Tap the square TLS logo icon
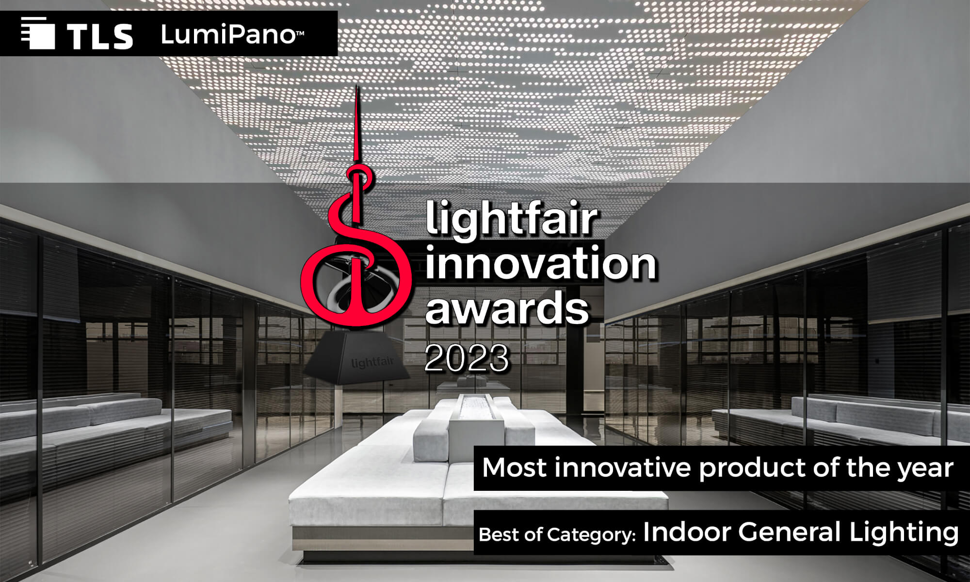34,33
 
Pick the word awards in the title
507,307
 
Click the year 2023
467,359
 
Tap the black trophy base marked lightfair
356,359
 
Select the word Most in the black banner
515,468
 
